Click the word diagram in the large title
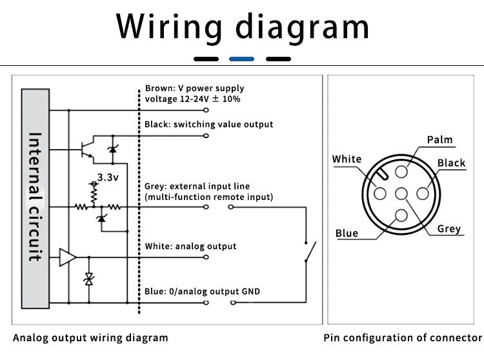(x=302, y=26)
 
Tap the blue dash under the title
(x=241, y=59)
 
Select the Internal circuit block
(x=35, y=196)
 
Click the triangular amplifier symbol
(x=67, y=257)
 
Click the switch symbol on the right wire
(x=310, y=250)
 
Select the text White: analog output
(x=190, y=246)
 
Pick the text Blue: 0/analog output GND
(x=203, y=292)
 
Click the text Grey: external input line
(x=197, y=186)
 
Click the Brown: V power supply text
(x=194, y=88)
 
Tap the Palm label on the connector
(x=439, y=140)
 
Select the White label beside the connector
(x=347, y=159)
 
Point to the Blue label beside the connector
(x=347, y=233)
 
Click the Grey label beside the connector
(x=449, y=228)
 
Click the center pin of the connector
(x=401, y=193)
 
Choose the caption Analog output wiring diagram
(x=90, y=337)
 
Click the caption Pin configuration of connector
(x=403, y=337)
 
